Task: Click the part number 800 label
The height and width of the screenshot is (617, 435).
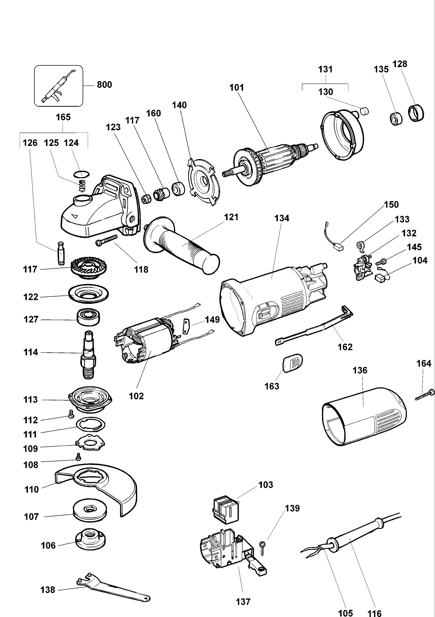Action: [x=104, y=85]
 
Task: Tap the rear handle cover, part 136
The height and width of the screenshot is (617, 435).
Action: [x=363, y=419]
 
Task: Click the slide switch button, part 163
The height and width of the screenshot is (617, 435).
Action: [x=293, y=363]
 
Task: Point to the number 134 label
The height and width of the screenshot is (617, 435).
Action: [x=282, y=218]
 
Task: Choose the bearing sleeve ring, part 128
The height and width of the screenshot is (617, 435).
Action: [x=416, y=113]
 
